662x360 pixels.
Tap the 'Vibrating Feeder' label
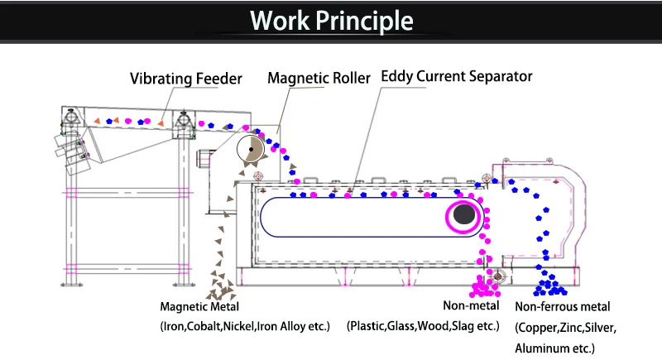coord(186,79)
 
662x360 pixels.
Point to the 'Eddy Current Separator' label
coord(456,77)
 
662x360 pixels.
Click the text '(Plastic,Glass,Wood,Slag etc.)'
coord(423,326)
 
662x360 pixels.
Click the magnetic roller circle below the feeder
coord(250,149)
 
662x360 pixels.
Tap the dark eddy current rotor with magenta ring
coord(465,216)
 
